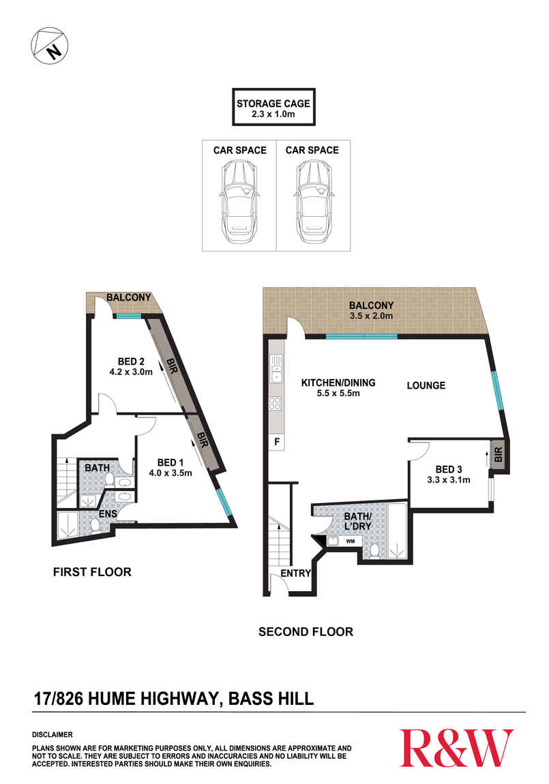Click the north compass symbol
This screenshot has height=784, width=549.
click(50, 46)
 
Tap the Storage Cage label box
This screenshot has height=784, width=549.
click(273, 107)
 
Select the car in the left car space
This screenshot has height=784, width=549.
click(241, 201)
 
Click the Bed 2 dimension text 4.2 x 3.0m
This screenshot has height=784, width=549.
click(131, 372)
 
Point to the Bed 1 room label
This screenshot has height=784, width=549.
click(167, 462)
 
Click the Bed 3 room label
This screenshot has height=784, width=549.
click(449, 470)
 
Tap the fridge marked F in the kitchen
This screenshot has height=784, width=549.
click(276, 442)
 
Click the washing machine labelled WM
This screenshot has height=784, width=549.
click(351, 541)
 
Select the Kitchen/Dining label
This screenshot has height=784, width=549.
click(338, 383)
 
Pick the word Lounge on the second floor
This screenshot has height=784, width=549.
click(426, 385)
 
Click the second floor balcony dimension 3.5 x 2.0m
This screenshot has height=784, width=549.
click(371, 316)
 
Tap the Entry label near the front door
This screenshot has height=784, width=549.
click(295, 573)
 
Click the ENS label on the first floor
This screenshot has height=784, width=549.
click(108, 513)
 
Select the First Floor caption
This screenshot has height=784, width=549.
click(92, 572)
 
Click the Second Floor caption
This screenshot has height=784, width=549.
click(306, 632)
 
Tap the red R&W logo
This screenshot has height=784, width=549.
click(456, 748)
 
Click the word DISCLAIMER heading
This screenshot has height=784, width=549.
click(53, 734)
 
